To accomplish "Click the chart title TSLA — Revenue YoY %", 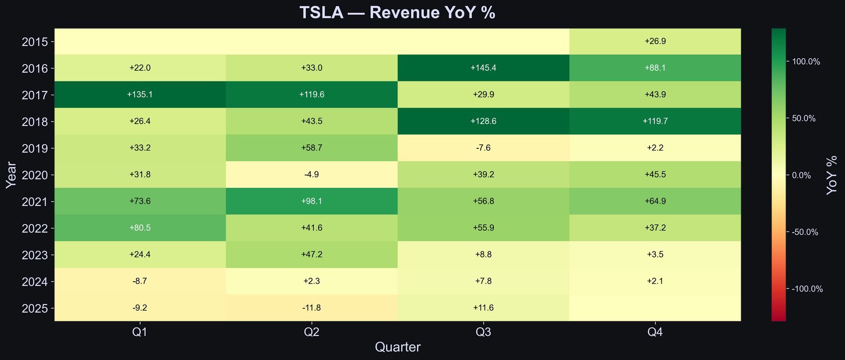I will (x=397, y=13).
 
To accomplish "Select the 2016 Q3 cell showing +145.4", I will (x=483, y=68).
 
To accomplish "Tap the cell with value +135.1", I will (x=140, y=95).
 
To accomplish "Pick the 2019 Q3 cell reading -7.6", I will (x=483, y=148).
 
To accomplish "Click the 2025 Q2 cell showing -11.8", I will (x=312, y=308).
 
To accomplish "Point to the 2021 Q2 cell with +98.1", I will (x=312, y=201).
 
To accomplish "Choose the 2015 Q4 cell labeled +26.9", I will (x=655, y=41).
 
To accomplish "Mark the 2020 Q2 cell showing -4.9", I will (x=312, y=174).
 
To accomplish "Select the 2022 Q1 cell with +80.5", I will (x=140, y=228).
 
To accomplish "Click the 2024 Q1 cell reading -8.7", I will (x=140, y=281).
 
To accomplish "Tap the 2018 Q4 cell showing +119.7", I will (x=655, y=121).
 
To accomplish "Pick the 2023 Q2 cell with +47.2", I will (x=312, y=254).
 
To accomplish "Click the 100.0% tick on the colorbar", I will (x=806, y=62).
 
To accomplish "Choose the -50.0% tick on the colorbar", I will (x=805, y=232).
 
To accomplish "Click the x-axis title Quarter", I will (x=397, y=347).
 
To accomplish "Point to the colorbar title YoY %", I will (x=831, y=175).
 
